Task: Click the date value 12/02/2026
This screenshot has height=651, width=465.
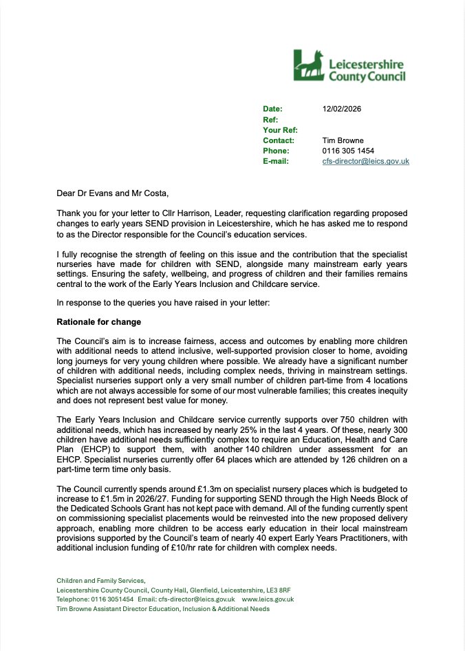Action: [342, 109]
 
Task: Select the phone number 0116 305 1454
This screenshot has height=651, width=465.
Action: [348, 151]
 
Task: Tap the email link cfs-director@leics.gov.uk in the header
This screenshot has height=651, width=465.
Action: [365, 161]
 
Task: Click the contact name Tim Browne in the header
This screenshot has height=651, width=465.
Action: [343, 140]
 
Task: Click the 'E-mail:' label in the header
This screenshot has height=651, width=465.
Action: [277, 161]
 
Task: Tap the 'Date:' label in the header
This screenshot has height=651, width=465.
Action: [272, 109]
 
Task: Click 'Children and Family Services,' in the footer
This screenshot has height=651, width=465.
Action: [101, 581]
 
